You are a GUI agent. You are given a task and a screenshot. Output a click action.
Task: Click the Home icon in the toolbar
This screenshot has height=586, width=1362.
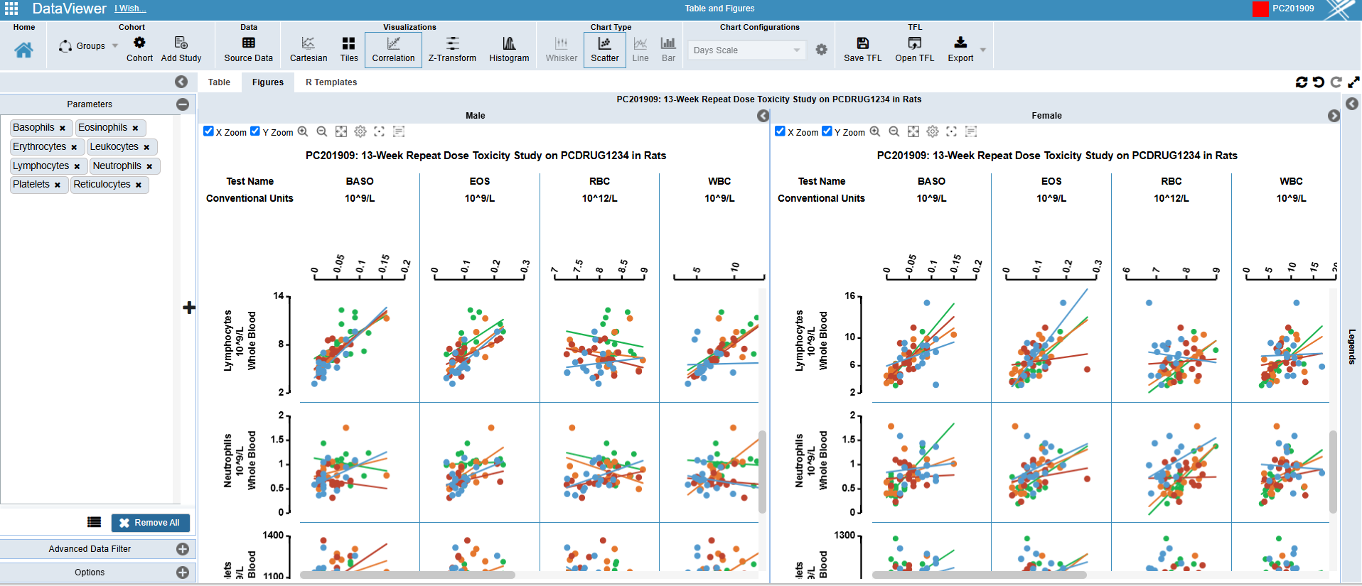coord(23,50)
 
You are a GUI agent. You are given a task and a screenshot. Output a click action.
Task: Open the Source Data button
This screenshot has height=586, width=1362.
coord(248,49)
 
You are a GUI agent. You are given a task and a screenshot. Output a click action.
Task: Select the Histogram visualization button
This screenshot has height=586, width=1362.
coord(509,49)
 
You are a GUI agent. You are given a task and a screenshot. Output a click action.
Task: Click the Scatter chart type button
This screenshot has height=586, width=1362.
coord(604,49)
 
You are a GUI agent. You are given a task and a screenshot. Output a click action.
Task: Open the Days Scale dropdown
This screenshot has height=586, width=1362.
coord(746,50)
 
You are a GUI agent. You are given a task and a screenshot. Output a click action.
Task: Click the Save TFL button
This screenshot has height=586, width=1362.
coord(862,49)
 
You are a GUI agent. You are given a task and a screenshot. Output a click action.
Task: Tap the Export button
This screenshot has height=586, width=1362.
coord(960,49)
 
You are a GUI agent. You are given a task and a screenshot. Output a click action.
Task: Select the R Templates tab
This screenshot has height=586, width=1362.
coord(331,82)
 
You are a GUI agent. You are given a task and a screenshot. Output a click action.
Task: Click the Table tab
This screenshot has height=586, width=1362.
coord(219,82)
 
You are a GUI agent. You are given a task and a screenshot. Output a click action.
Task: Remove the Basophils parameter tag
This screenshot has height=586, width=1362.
coord(63,129)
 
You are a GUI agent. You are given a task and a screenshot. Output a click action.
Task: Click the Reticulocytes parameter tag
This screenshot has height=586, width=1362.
coord(102,185)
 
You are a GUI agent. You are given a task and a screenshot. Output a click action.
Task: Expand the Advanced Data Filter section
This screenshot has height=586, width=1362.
coord(183,549)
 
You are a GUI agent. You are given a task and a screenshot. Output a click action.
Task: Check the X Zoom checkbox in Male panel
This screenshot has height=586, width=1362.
coord(208,131)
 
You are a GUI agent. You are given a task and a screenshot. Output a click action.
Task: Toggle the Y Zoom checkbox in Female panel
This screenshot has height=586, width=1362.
coord(827,131)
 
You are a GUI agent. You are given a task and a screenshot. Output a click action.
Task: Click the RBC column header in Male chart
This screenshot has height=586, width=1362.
coord(599,182)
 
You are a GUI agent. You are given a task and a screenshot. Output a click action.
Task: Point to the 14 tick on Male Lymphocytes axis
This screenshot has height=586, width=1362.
coord(279,295)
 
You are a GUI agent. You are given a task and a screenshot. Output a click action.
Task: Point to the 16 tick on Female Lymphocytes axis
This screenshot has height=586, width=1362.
coord(850,295)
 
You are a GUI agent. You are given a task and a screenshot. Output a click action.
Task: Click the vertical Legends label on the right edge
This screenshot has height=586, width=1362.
coord(1351,347)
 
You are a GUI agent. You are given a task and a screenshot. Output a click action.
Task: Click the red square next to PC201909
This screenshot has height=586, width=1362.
coord(1260,9)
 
